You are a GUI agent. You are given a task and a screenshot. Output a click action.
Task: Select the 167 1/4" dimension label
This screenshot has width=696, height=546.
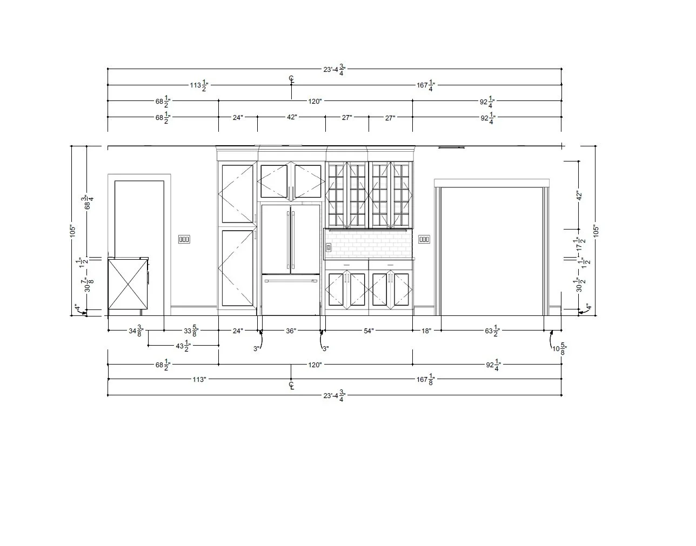(426, 85)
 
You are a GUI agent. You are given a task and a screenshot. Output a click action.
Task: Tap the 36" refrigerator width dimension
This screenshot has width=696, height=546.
(291, 331)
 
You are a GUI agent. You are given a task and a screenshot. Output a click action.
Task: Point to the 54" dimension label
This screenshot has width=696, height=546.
(369, 331)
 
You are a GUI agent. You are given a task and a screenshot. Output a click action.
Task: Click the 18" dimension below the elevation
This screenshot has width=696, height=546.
(426, 331)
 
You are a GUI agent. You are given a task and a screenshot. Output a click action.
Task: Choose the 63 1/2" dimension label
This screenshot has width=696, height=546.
(492, 331)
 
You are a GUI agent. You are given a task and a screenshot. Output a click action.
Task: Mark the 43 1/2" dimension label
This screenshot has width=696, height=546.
(183, 346)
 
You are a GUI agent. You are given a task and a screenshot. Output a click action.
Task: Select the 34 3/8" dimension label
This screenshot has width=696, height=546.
(136, 331)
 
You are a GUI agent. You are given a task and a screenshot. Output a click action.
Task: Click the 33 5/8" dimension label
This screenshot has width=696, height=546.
(190, 331)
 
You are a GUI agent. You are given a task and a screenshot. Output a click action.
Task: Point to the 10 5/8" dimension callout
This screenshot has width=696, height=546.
(559, 349)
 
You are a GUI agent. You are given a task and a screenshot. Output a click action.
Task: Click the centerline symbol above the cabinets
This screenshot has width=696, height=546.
(291, 79)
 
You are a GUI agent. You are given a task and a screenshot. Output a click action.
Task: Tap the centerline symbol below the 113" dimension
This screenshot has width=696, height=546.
(291, 386)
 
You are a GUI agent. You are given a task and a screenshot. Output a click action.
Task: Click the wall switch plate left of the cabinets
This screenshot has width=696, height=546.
(184, 239)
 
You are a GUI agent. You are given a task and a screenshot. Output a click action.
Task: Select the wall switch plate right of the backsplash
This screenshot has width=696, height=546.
(424, 239)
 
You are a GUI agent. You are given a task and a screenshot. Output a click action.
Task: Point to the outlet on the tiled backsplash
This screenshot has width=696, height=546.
(329, 247)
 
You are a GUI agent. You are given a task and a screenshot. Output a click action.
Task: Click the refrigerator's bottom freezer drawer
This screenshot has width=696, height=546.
(291, 294)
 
